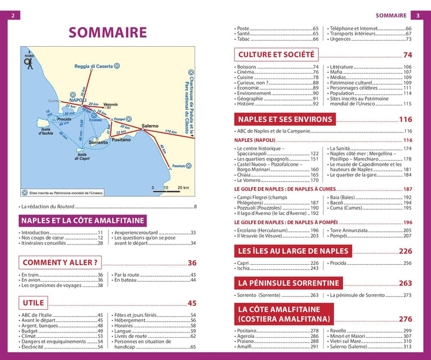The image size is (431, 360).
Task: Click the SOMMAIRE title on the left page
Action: [107, 32]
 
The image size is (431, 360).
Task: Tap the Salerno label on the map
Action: [150, 126]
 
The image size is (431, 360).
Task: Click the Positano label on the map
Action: [120, 139]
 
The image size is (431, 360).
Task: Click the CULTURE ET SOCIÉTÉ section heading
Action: [277, 55]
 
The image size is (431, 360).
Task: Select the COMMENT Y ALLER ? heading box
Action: [60, 262]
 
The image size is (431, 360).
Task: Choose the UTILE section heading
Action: [34, 303]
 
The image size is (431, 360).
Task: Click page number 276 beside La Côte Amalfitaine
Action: [405, 319]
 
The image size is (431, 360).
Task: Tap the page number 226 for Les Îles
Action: [405, 251]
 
